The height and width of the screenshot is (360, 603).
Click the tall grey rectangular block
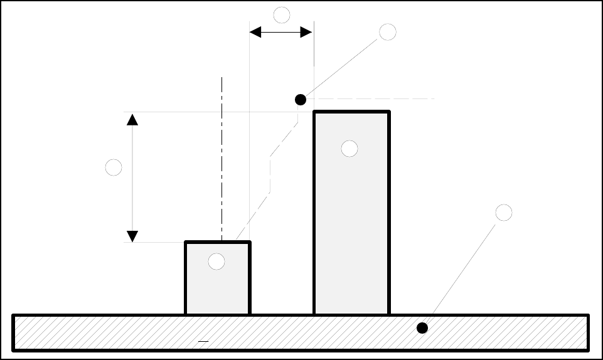351,238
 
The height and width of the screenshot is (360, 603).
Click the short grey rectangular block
217,289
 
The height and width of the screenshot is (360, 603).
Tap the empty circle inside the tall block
350,149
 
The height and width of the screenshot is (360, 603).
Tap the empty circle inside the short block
216,262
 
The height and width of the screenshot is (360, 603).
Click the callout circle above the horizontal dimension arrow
282,14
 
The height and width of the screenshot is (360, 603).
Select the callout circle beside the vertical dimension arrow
114,167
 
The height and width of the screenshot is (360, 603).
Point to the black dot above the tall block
301,99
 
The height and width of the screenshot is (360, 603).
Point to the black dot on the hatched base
422,327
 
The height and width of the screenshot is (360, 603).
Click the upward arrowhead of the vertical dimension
132,119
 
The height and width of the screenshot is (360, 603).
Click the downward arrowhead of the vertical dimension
132,236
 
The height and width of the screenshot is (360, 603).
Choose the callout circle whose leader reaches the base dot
503,213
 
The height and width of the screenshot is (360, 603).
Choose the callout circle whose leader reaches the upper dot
388,32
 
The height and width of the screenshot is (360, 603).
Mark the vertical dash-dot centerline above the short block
222,157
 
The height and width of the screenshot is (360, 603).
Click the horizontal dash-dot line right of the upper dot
376,98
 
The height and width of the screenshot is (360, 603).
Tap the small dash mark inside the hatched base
203,341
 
